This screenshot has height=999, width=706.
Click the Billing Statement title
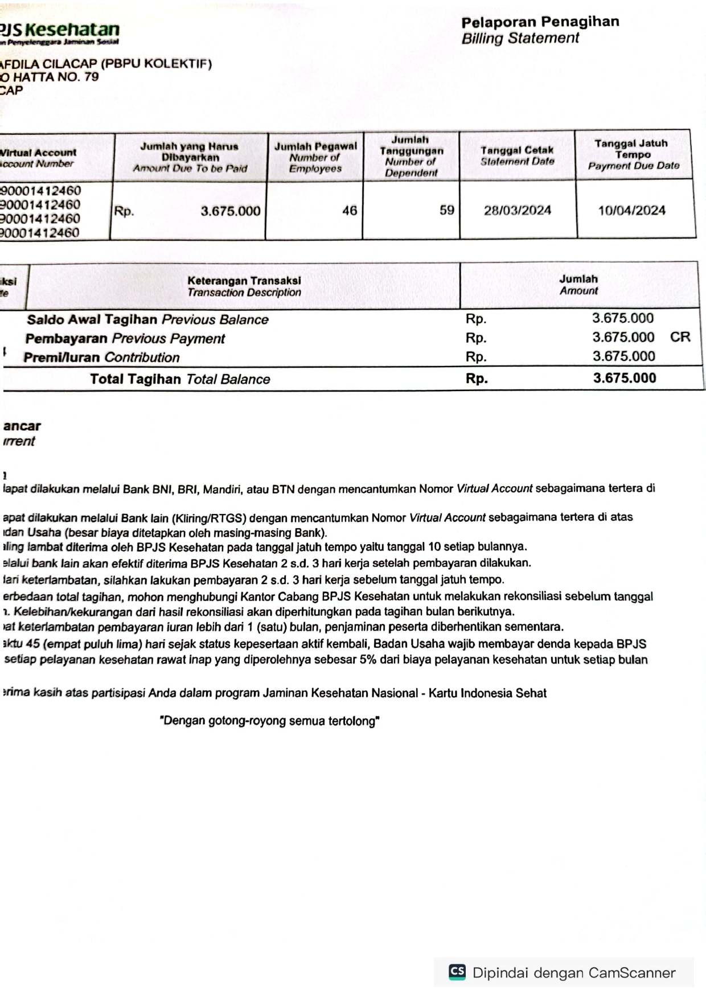520,38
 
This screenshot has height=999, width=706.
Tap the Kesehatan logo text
72,30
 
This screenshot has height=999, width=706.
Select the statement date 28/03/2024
517,211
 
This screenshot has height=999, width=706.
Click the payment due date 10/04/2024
631,211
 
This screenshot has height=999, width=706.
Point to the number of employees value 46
350,211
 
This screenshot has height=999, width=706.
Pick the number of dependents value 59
447,211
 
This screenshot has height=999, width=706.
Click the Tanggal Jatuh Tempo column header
633,154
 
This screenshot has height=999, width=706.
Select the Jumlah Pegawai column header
315,157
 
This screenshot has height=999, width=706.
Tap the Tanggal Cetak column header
517,155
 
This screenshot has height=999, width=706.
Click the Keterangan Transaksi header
244,286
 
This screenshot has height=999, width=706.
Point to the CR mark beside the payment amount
680,337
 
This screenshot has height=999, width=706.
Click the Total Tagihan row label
180,379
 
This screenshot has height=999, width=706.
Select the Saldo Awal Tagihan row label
147,319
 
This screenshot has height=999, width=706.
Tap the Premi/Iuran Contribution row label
101,357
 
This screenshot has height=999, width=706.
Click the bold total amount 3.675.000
624,378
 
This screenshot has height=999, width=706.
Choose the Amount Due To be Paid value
230,211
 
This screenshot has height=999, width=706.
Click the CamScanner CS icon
457,971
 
